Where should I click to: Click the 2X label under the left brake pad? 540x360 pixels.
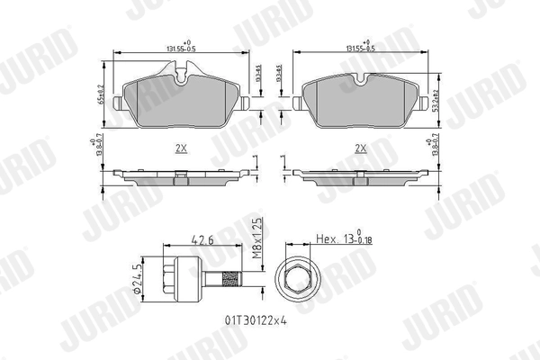(179, 148)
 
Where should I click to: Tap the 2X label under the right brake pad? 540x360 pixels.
(361, 148)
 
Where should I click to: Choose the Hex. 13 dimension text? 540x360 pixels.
(342, 240)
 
